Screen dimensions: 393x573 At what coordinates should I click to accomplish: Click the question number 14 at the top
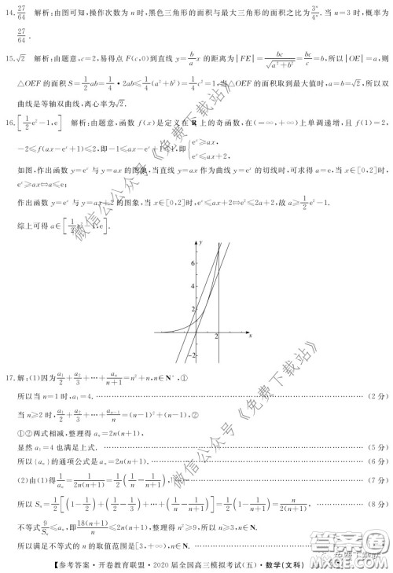pos(13,10)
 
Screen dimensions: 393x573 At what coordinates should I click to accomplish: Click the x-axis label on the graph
pos(250,336)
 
